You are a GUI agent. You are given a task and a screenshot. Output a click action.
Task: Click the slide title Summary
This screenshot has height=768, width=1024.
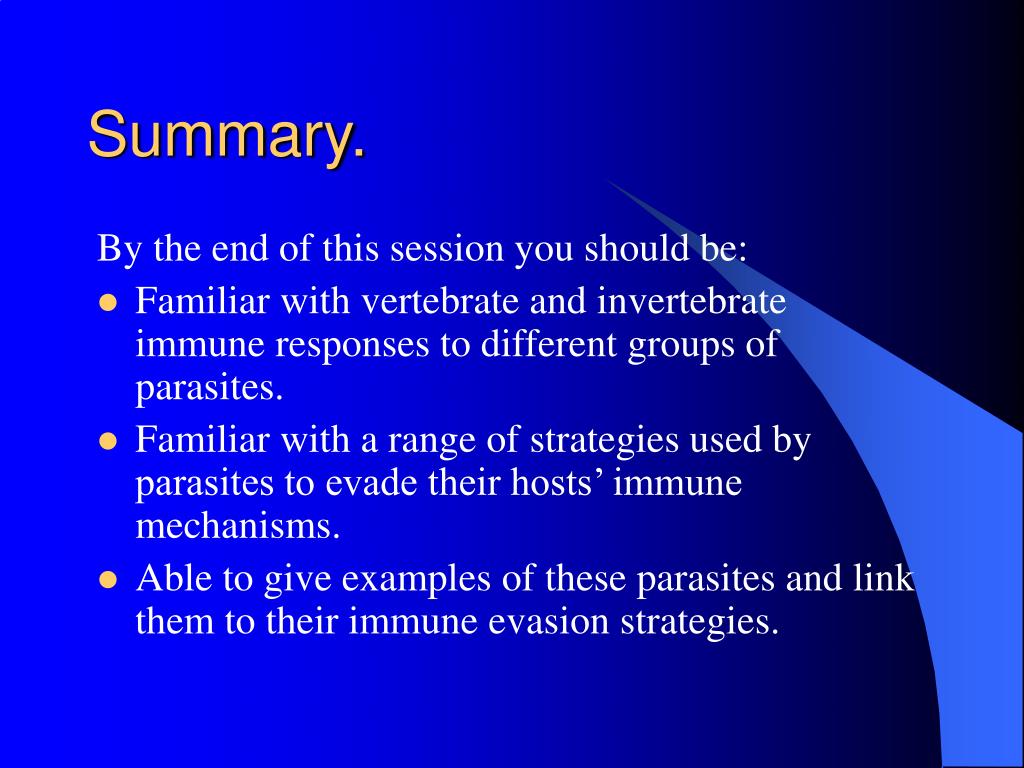(x=227, y=136)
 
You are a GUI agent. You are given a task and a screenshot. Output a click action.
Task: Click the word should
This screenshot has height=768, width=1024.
(x=636, y=248)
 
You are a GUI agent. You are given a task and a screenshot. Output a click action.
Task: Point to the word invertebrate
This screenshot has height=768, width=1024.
(x=691, y=302)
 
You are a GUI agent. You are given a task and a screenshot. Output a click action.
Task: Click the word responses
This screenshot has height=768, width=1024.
(x=352, y=345)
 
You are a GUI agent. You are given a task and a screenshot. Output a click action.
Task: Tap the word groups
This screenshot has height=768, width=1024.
(x=680, y=345)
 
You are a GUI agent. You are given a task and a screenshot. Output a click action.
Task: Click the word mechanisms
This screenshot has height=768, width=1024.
(x=238, y=526)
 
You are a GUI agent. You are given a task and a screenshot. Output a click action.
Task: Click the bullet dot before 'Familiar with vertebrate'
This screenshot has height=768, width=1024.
(x=107, y=304)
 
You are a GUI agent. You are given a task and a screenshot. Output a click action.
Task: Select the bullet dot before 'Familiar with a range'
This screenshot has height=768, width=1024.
(x=107, y=442)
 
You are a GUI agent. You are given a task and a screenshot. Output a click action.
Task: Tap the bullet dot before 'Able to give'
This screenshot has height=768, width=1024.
(x=107, y=581)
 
